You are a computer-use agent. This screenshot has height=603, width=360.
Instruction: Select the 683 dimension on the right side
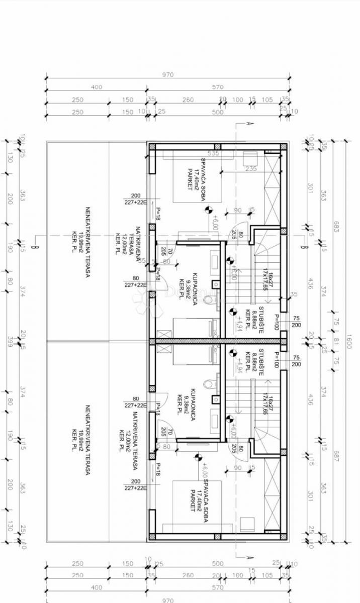point(336,227)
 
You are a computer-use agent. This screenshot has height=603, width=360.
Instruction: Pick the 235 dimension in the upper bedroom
point(251,169)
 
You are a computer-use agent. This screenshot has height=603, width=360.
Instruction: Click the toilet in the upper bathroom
point(208,300)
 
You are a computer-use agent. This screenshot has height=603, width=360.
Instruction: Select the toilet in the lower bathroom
point(208,384)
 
